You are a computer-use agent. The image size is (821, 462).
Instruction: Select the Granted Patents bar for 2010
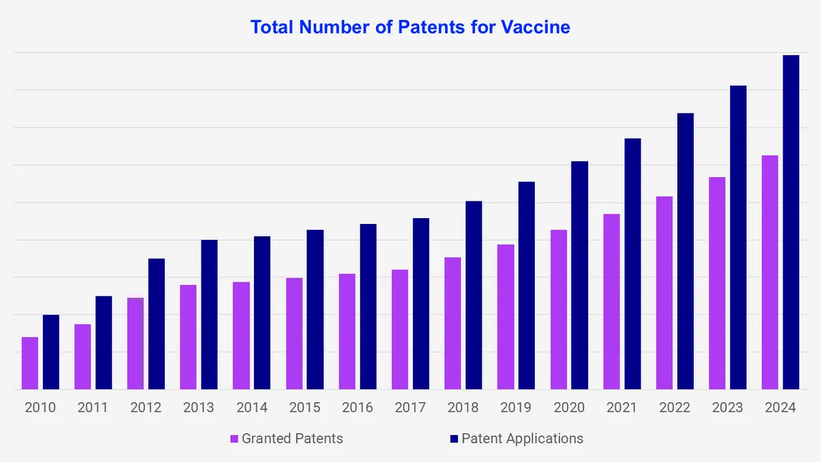click(30, 363)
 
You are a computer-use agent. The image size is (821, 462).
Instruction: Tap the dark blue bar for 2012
click(157, 324)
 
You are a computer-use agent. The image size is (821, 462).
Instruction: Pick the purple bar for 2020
click(559, 309)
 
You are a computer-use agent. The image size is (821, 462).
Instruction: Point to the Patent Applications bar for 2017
click(421, 304)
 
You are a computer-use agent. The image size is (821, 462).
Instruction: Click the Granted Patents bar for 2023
click(717, 283)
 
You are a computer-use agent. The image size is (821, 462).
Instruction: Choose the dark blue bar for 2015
click(315, 309)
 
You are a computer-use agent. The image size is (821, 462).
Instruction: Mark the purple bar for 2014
click(241, 336)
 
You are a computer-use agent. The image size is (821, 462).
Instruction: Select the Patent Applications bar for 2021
click(632, 264)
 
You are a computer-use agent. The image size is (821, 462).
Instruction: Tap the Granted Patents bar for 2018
click(452, 323)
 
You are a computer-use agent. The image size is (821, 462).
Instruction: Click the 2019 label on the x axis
click(516, 407)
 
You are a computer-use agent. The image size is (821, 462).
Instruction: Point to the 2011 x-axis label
click(93, 407)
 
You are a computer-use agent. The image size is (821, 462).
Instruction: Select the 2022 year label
click(675, 407)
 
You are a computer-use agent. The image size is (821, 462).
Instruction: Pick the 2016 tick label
click(357, 407)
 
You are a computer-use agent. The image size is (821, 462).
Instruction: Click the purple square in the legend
click(234, 439)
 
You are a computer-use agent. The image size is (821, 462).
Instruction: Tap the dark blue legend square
click(454, 439)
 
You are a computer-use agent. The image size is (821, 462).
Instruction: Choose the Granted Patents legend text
click(292, 439)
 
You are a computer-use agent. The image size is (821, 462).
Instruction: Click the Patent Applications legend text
click(522, 439)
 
